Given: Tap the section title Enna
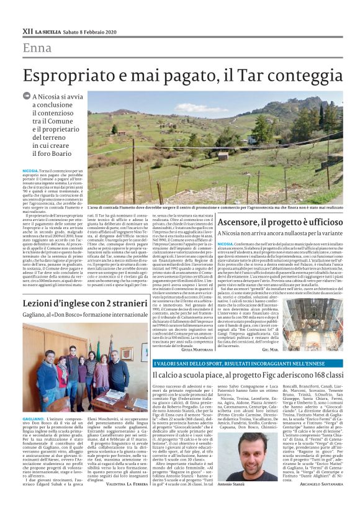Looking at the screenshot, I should pyautogui.click(x=37, y=48).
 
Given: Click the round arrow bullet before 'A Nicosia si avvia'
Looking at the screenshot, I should pyautogui.click(x=35, y=96).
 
